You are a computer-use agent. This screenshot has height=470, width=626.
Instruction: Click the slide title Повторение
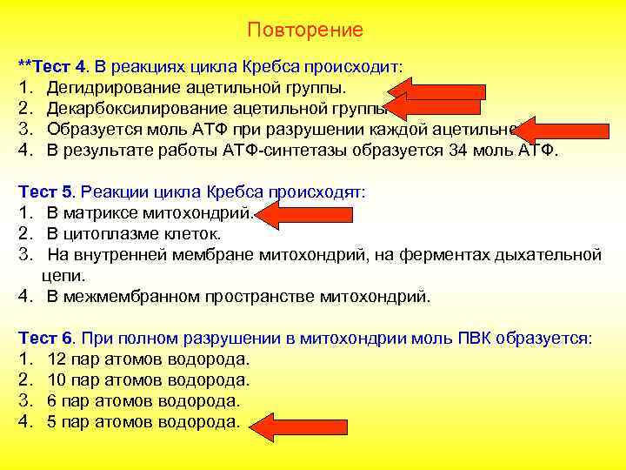click(305, 30)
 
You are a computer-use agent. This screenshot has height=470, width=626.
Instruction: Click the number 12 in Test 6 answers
click(57, 359)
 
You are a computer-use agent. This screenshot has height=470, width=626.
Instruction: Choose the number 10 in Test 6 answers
click(57, 380)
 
